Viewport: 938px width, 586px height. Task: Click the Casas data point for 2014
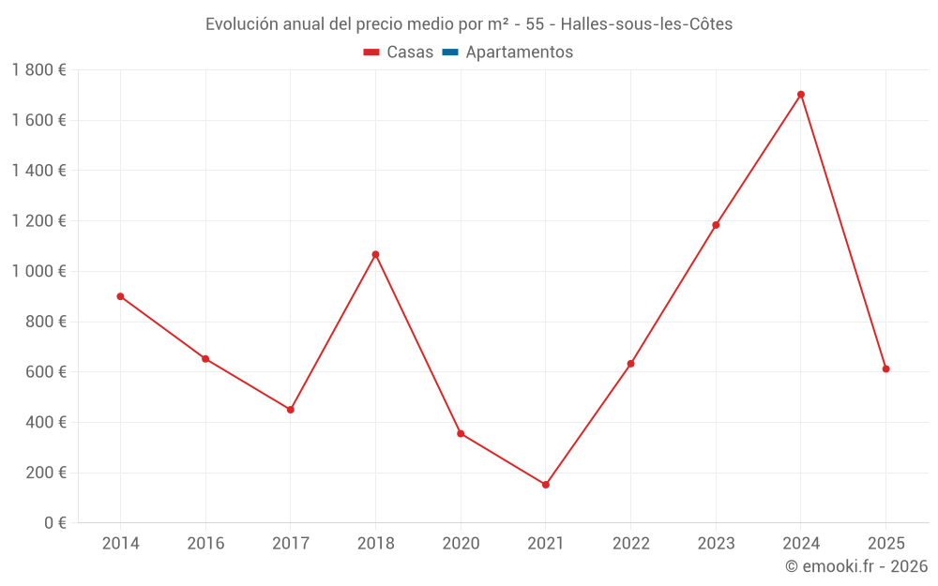coord(120,296)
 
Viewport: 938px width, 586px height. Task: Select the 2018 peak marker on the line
coord(375,254)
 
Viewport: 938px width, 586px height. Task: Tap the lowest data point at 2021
coord(545,485)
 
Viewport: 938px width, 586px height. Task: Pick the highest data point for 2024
coord(800,95)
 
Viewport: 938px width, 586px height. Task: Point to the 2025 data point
coord(885,369)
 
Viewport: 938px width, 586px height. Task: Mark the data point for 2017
coord(291,410)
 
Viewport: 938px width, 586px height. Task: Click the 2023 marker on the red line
coord(716,225)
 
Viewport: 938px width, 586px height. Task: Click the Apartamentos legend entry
coord(519,53)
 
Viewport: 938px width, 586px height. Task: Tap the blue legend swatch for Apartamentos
coord(449,53)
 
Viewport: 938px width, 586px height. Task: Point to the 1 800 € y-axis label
coord(38,70)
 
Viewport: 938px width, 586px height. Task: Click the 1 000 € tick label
coord(38,271)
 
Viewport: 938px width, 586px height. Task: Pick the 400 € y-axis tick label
coord(45,422)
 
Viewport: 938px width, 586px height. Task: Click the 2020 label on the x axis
coord(461,544)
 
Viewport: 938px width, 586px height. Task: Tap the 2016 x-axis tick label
coord(205,544)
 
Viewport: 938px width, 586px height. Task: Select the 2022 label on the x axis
coord(630,544)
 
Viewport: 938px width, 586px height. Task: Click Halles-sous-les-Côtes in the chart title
coord(646,24)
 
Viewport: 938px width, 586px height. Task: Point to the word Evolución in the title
coord(240,24)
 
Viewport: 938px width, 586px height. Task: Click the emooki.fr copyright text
coord(856,566)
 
